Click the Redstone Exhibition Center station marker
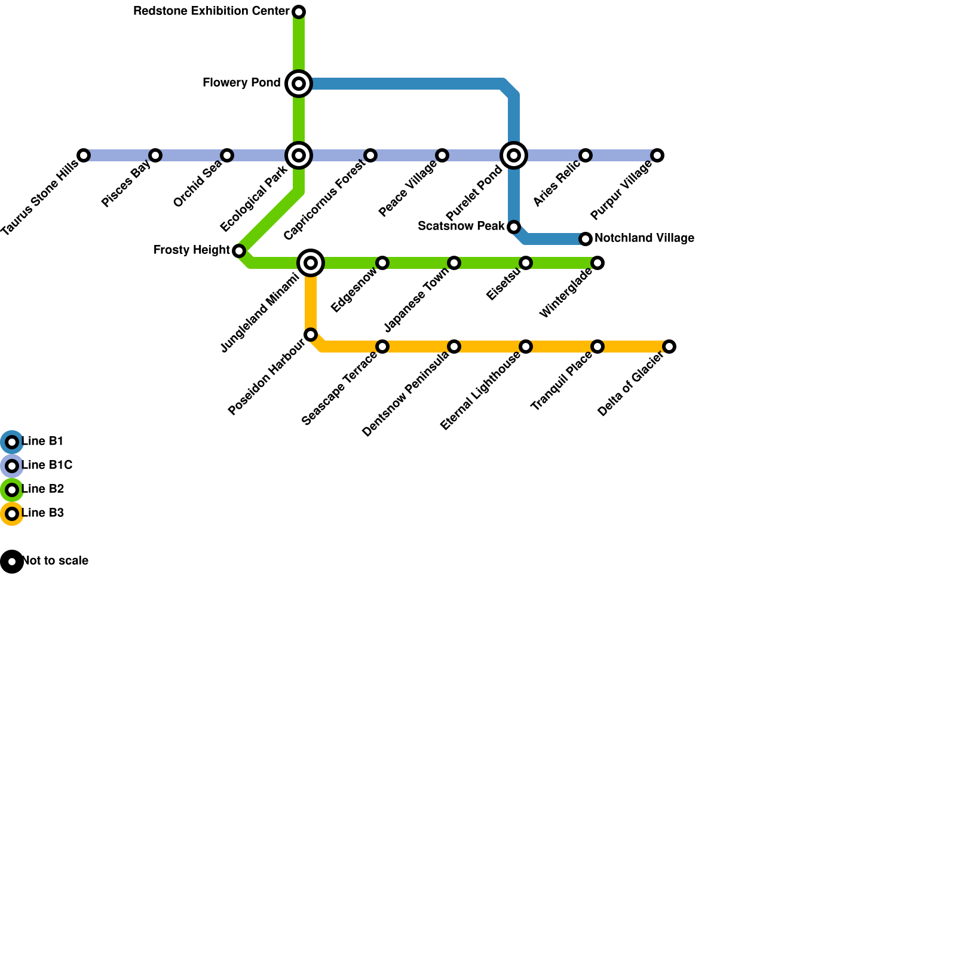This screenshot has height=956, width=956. click(299, 12)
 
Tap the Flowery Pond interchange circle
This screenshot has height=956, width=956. click(299, 84)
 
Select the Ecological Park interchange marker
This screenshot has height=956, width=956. click(299, 155)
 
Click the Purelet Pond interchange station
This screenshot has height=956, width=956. click(514, 155)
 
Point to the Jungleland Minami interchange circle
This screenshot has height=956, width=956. click(311, 263)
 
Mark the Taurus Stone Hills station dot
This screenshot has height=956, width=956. click(84, 155)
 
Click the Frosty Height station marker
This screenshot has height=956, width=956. click(239, 251)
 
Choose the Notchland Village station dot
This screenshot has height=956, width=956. click(586, 239)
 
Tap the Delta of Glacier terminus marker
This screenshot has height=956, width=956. click(669, 347)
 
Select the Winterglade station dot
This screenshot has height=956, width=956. click(597, 263)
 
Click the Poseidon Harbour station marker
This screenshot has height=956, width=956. click(311, 335)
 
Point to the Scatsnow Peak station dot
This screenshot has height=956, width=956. click(514, 227)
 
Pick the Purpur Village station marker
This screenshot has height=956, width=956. click(657, 155)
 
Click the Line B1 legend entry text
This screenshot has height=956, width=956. click(42, 442)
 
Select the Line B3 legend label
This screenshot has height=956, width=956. click(42, 513)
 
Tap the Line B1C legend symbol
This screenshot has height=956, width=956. click(12, 466)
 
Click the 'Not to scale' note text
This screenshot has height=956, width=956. click(55, 561)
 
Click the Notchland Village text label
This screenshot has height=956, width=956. click(644, 238)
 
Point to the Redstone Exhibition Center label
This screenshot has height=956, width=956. click(212, 11)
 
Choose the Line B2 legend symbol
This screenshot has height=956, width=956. click(12, 490)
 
